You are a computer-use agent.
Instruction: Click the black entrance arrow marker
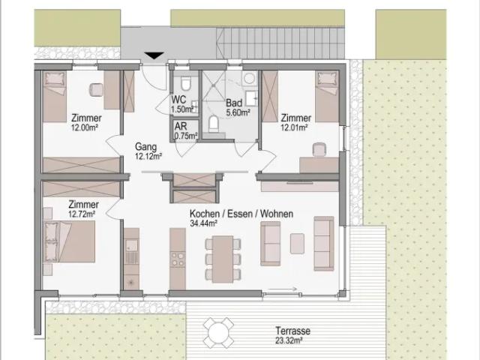tap(154, 55)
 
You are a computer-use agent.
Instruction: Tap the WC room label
tap(178, 100)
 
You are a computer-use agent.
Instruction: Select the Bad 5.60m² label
tap(238, 107)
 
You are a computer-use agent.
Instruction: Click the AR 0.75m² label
tap(186, 130)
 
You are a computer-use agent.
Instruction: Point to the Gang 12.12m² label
tap(148, 151)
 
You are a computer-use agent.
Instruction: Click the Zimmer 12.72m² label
tap(83, 208)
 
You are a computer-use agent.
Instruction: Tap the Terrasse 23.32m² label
tap(292, 335)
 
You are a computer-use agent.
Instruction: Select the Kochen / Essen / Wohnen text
tap(241, 213)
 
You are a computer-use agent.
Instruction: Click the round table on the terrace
tap(218, 332)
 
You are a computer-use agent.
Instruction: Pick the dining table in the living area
tap(223, 259)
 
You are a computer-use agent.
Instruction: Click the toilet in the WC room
tap(185, 83)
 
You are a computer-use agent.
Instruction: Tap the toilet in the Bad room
tap(213, 124)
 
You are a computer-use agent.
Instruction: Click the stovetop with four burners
tap(178, 259)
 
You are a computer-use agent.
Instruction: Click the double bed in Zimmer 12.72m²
tap(69, 241)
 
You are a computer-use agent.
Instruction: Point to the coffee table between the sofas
tap(297, 243)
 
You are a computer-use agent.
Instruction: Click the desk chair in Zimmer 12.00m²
tap(97, 90)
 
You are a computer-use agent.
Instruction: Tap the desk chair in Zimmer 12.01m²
tap(319, 150)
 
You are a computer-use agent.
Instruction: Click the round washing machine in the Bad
tap(249, 79)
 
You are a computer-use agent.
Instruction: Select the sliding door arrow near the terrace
tap(282, 288)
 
